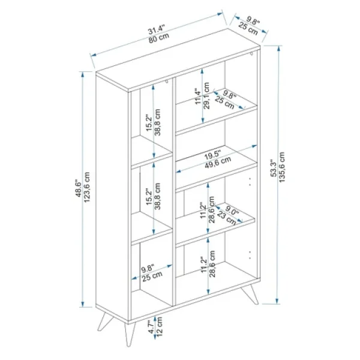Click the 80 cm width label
pyautogui.click(x=158, y=38)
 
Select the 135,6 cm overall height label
pyautogui.click(x=282, y=167)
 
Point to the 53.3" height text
pyautogui.click(x=274, y=168)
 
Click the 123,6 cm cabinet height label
pyautogui.click(x=87, y=187)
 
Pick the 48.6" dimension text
pyautogui.click(x=79, y=188)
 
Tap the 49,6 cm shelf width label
pyautogui.click(x=218, y=163)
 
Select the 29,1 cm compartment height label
pyautogui.click(x=206, y=95)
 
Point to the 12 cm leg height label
pyautogui.click(x=160, y=326)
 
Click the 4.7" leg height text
pyautogui.click(x=151, y=328)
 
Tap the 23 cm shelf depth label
pyautogui.click(x=226, y=218)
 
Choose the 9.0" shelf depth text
pyautogui.click(x=232, y=210)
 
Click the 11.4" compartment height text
pyautogui.click(x=198, y=97)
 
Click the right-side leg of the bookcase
pyautogui.click(x=250, y=294)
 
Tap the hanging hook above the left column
pyautogui.click(x=167, y=82)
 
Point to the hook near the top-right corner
pyautogui.click(x=252, y=54)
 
